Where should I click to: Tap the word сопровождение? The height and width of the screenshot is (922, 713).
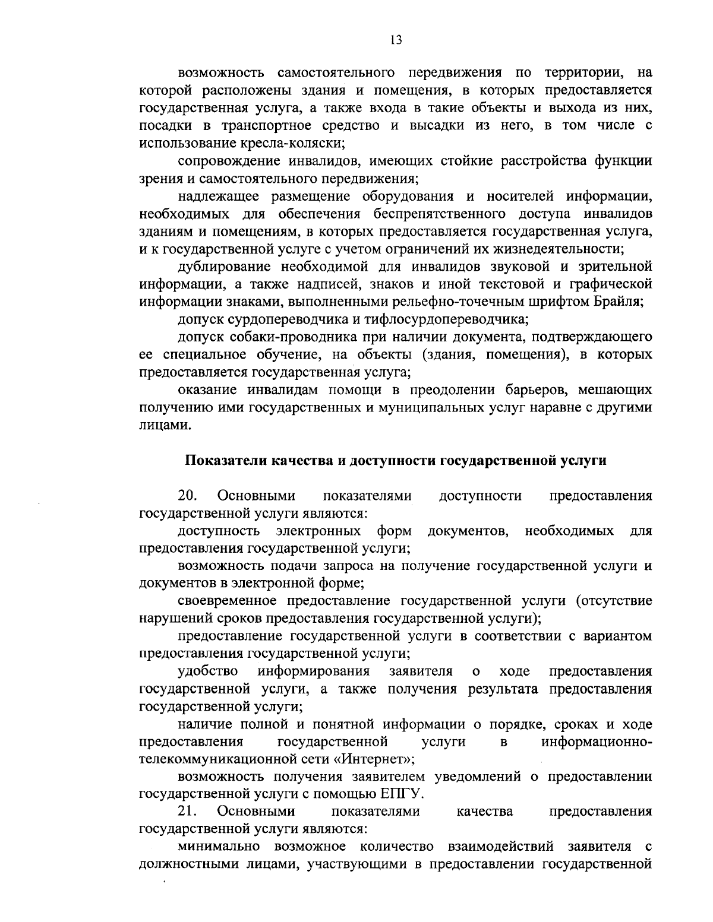pyautogui.click(x=228, y=161)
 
